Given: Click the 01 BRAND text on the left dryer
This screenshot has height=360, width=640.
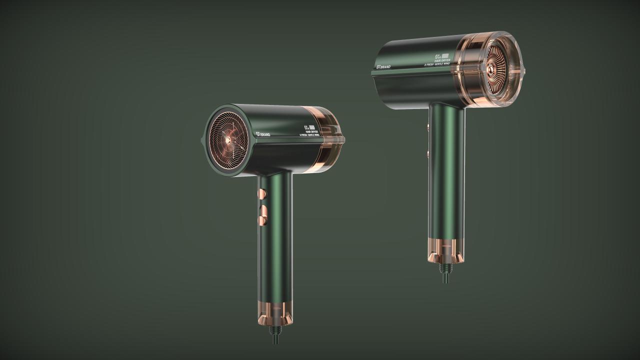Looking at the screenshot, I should click(262, 134).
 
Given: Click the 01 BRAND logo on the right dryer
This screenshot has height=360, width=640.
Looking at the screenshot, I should click(386, 66).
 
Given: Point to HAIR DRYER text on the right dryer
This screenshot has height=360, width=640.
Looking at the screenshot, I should click(442, 60).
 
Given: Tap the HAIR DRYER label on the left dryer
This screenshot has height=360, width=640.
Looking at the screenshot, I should click(312, 131).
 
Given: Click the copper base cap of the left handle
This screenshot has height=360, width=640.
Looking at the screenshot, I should click(275, 313).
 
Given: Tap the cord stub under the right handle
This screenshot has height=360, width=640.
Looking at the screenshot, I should click(444, 271).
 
